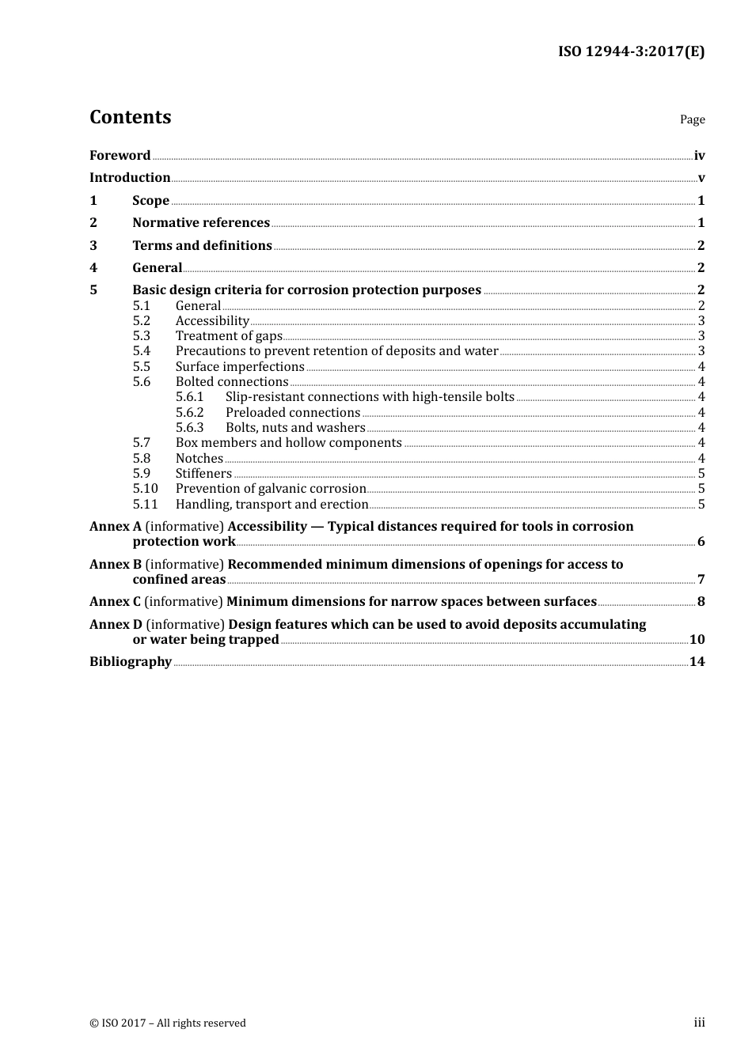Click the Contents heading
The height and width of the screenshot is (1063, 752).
[130, 117]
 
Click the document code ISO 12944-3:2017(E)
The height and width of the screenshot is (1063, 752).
[631, 51]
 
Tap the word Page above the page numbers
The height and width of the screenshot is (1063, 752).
[692, 119]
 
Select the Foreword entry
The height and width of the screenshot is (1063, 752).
[120, 156]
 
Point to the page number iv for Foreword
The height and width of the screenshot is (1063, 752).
[699, 156]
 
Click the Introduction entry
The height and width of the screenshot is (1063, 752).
[130, 178]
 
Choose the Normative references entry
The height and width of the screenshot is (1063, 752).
[201, 223]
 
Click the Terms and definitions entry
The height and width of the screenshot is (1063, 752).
[202, 246]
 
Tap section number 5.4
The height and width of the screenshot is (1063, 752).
[142, 351]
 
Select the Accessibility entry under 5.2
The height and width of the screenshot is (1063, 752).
[212, 321]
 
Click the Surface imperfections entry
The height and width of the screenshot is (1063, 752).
[240, 367]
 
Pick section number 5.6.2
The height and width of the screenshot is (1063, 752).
[190, 413]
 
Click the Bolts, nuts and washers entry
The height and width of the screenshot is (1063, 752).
[295, 428]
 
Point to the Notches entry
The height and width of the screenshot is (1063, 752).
[199, 459]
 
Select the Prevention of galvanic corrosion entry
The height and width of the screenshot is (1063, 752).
[271, 489]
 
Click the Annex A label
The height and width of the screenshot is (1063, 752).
[116, 527]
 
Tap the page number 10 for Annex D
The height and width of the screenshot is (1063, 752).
[697, 640]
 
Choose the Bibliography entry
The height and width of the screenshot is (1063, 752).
[131, 662]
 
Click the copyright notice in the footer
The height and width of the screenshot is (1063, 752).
[168, 1023]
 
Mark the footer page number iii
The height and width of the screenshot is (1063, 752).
[699, 1023]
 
